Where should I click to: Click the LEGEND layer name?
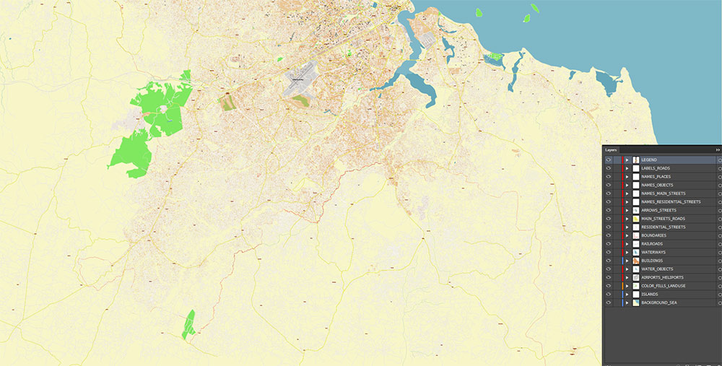[x=649, y=160]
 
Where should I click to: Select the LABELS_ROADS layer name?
[x=655, y=168]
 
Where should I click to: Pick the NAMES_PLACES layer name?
[x=656, y=176]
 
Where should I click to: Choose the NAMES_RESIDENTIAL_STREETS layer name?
[x=671, y=201]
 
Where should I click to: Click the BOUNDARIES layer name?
[x=653, y=235]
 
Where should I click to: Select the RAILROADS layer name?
[x=652, y=244]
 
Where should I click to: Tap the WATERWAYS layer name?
[x=653, y=252]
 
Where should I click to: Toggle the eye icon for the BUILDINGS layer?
[x=609, y=261]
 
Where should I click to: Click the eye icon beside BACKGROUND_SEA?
[x=609, y=303]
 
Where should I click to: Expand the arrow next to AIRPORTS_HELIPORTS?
[x=627, y=277]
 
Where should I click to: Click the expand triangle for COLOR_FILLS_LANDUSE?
[x=627, y=286]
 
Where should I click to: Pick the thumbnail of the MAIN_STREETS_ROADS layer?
[x=636, y=219]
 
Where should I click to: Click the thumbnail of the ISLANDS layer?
[x=636, y=295]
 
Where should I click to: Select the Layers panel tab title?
[x=612, y=149]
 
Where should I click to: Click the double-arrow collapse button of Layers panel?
[x=718, y=149]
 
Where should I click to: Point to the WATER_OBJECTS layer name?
[x=657, y=269]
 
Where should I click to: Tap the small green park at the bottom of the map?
[x=188, y=325]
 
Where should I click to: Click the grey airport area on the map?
[x=300, y=84]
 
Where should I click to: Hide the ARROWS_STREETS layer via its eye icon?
[x=609, y=210]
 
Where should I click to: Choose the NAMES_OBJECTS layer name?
[x=657, y=185]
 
